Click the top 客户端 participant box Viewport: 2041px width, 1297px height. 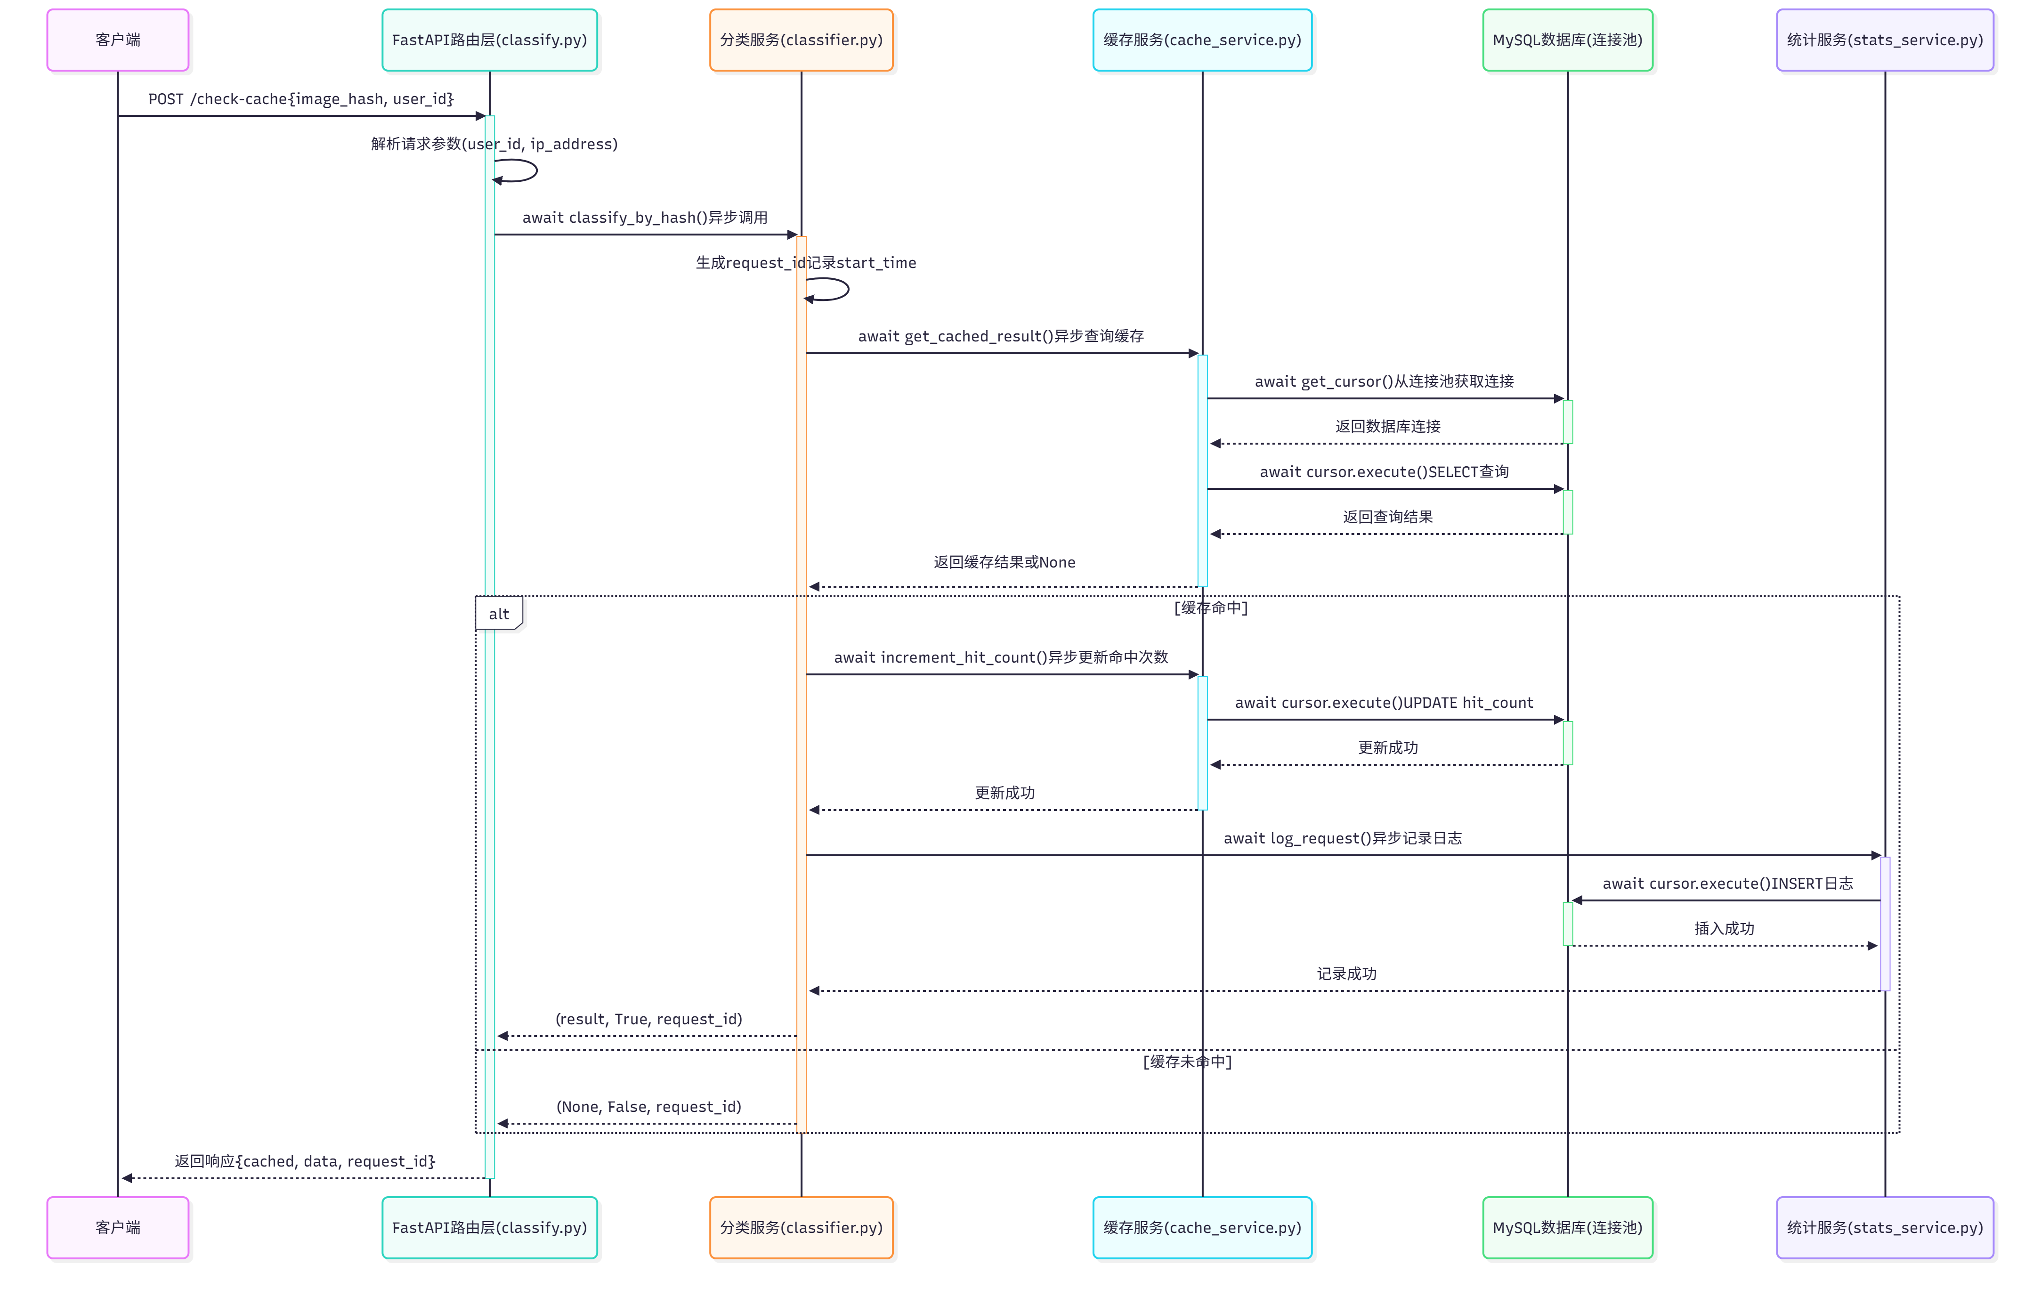[118, 40]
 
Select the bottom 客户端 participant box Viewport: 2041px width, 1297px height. [118, 1227]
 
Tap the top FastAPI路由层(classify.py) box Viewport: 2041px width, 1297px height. [489, 40]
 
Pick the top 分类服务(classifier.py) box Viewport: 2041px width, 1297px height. [801, 40]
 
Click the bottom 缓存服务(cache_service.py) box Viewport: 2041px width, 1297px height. [1202, 1227]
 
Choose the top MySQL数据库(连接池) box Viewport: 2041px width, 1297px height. [1567, 40]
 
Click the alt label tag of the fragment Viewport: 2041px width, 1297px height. [498, 614]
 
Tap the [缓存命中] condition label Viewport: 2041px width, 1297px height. [1210, 608]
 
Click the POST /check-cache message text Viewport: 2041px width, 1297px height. [301, 99]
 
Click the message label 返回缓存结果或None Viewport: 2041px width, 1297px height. [1004, 562]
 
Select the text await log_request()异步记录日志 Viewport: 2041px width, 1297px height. [1343, 838]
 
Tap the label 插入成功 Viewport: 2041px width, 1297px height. [1724, 928]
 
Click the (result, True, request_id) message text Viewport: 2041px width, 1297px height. [648, 1019]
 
